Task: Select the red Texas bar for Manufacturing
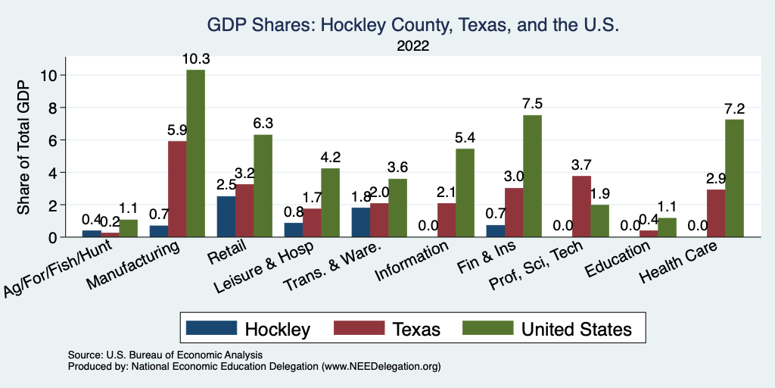pos(177,189)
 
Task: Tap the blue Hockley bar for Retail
pos(226,217)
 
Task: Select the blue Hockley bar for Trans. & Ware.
pos(361,222)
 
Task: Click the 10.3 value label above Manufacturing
pos(195,58)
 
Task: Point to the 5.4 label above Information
pos(465,138)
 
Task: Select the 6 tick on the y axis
pos(54,140)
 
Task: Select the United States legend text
pos(576,329)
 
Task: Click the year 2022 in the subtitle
pos(413,45)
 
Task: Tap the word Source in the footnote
pos(82,355)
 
